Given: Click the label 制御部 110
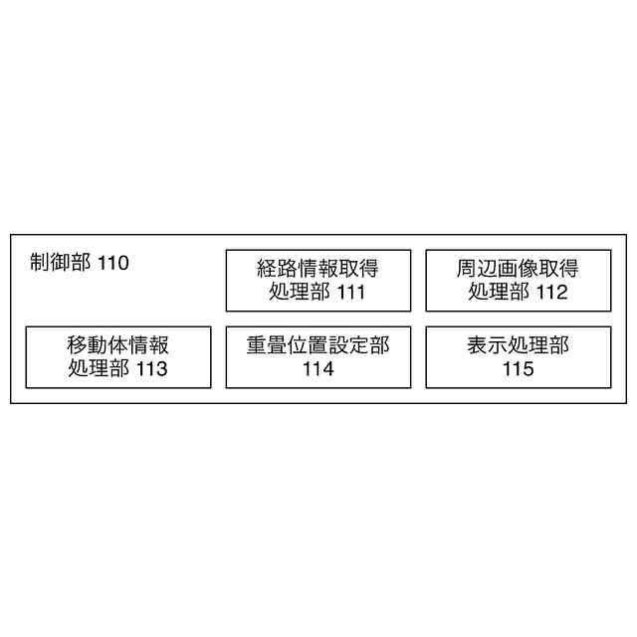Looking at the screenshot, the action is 79,264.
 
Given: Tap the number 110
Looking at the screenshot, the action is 113,264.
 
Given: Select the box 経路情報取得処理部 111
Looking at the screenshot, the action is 318,281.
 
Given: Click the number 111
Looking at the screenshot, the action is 350,293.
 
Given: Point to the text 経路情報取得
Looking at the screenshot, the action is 318,269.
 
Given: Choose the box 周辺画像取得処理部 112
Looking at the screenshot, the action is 518,281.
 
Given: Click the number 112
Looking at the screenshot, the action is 550,293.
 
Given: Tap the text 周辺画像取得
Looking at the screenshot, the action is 518,269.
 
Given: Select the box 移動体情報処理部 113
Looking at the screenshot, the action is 118,357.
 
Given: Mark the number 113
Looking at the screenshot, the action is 151,369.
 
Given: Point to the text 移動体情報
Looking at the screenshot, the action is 118,345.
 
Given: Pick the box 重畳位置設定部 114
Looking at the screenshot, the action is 318,357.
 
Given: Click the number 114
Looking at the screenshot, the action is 318,369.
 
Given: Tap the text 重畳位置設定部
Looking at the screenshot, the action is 318,345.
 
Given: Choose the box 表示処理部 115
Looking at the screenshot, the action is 518,357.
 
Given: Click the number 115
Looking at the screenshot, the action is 518,369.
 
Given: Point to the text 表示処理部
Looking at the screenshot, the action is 518,345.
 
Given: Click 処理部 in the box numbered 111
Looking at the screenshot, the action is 301,293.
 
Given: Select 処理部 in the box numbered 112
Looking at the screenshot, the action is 500,293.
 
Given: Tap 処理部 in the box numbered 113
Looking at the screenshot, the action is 101,369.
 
